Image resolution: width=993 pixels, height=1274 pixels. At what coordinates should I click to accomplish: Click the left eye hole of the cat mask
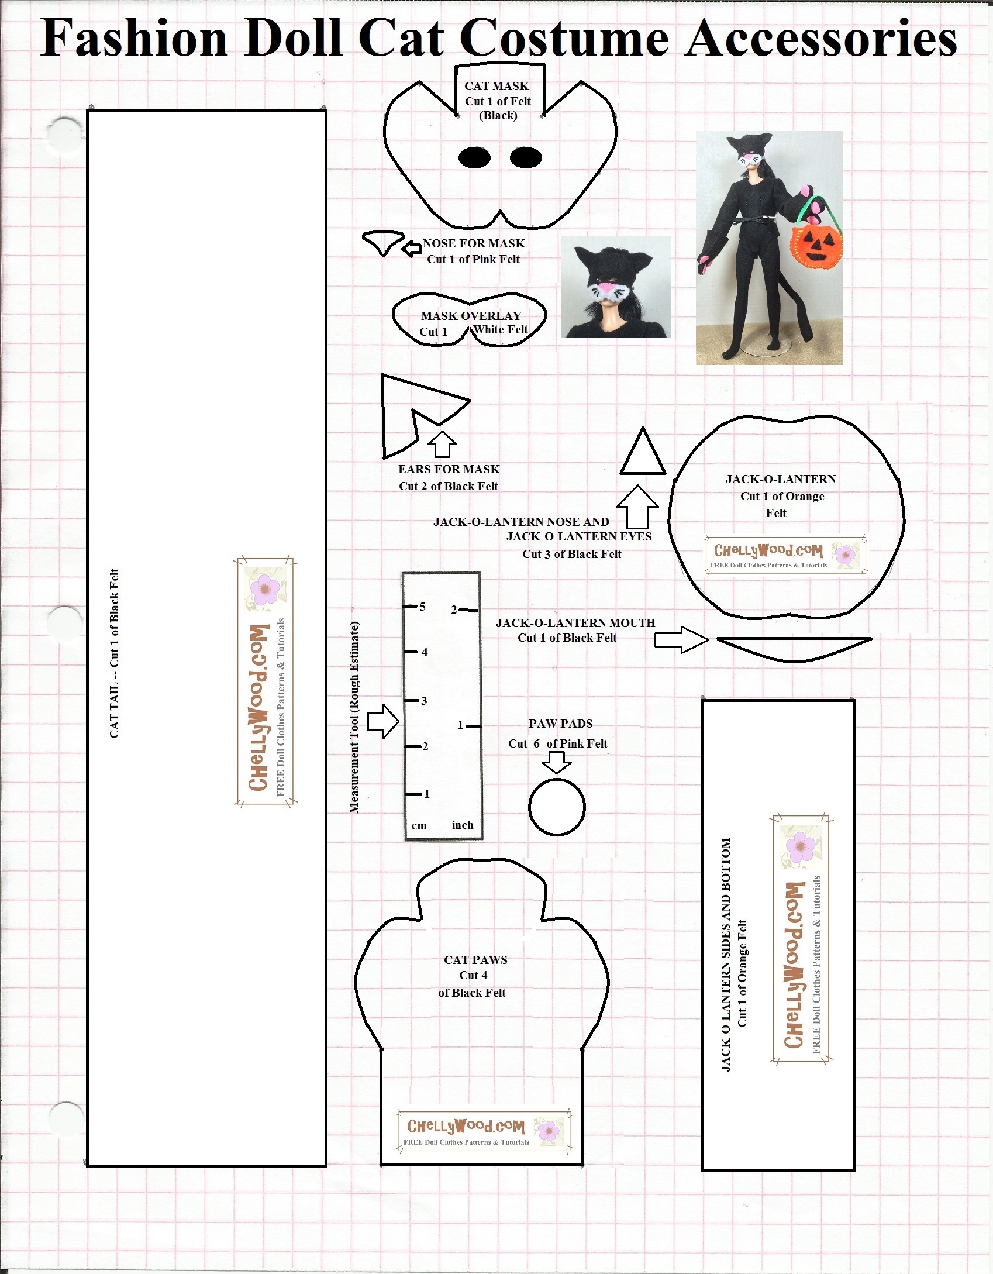click(x=474, y=157)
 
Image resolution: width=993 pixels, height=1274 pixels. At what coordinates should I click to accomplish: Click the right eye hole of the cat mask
click(x=526, y=157)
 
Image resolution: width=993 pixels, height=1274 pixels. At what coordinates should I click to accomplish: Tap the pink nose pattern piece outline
click(x=383, y=242)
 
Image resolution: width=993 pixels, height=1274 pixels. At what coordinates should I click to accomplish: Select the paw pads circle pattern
click(x=557, y=807)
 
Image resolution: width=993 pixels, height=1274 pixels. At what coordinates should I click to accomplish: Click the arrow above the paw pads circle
click(x=557, y=762)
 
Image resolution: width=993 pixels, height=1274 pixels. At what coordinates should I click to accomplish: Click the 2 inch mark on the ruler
click(x=454, y=610)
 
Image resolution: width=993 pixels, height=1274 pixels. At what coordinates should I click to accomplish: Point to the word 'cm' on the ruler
click(x=419, y=826)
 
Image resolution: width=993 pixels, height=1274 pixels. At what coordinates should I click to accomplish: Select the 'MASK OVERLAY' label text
click(x=471, y=316)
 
